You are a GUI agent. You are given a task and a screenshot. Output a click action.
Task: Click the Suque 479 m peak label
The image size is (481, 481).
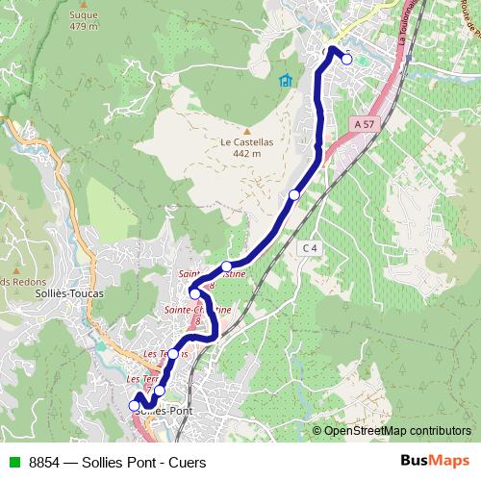[85, 21]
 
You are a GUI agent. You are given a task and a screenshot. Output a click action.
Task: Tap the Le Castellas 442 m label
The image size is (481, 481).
[247, 147]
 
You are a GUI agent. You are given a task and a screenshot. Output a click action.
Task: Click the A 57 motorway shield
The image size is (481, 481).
[363, 124]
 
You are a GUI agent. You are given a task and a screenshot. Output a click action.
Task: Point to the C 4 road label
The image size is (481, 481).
[308, 247]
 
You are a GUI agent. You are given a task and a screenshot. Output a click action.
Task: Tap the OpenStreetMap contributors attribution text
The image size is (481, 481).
[397, 430]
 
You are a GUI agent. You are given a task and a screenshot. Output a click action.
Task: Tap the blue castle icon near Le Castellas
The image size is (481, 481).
[285, 81]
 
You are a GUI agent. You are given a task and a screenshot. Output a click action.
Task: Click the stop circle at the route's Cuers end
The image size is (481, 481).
[346, 60]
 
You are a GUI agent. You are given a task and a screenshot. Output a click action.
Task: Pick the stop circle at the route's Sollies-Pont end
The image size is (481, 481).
[135, 406]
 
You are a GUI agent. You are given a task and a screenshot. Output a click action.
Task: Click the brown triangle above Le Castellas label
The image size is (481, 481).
[247, 131]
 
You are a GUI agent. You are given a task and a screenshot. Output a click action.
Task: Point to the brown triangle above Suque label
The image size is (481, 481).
[85, 5]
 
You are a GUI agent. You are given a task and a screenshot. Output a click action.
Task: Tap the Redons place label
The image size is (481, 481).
[17, 281]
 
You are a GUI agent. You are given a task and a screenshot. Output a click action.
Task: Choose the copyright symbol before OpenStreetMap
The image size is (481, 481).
[316, 430]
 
